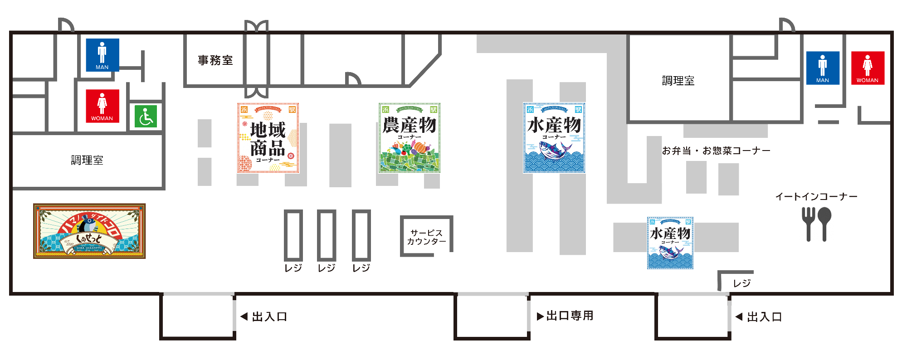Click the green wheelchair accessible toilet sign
coord(146,117)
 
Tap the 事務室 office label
coord(215,60)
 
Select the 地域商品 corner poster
coord(268,138)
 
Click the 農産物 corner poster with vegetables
coord(410,138)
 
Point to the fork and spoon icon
coord(816,224)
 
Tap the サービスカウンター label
coord(426,237)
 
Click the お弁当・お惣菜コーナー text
coord(716,151)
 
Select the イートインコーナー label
coord(816,197)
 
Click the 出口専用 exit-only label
coord(570,316)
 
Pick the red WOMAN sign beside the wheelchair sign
coord(102,106)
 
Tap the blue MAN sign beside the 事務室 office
coord(102,55)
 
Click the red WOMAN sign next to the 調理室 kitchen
coord(868,68)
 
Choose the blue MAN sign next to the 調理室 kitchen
coord(823,68)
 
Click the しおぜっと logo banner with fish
coord(89,231)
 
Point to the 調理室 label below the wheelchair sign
coord(87,160)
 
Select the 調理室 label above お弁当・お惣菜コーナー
coord(678,81)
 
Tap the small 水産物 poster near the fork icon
coord(670,243)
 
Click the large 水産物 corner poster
coord(554,138)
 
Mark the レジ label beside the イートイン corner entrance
coord(742,283)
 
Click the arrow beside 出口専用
coord(540,316)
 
